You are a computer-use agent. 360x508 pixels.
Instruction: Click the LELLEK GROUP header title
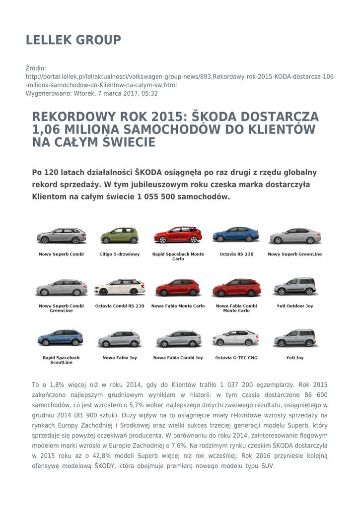tap(73, 40)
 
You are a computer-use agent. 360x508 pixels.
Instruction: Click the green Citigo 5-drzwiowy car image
tap(119, 236)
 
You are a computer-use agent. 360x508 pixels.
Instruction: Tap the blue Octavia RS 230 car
tap(236, 235)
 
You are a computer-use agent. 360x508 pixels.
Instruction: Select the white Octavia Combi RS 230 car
tap(119, 287)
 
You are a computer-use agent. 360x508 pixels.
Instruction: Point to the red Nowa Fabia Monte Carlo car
tap(178, 287)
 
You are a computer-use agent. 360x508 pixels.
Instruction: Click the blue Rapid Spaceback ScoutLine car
tap(61, 338)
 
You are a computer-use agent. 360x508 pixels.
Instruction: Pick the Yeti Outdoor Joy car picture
tap(294, 287)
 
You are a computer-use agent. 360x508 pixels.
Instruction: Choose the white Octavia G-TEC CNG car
tap(236, 338)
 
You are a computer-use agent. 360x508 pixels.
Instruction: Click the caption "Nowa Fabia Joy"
tap(120, 358)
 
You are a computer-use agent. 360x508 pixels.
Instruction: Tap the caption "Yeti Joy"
tap(294, 358)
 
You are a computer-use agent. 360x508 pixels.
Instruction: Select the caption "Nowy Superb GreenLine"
tap(294, 254)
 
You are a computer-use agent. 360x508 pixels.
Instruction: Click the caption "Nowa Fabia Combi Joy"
tap(178, 358)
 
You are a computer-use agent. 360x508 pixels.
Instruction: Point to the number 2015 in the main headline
tap(167, 117)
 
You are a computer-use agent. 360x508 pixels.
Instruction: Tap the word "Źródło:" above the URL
tap(36, 68)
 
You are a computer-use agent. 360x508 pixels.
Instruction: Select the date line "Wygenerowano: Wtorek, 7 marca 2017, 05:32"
tap(92, 93)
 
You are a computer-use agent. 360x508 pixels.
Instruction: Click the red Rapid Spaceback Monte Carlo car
tap(178, 235)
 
